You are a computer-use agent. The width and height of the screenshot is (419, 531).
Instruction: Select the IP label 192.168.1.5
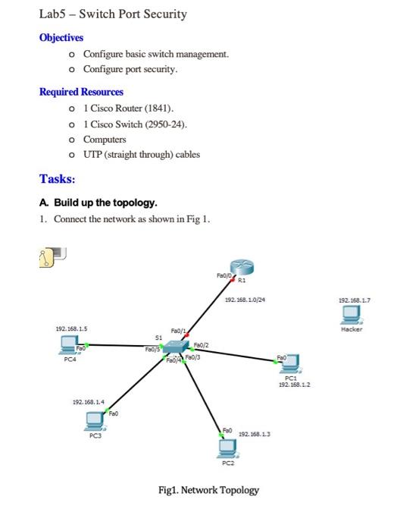pyautogui.click(x=72, y=328)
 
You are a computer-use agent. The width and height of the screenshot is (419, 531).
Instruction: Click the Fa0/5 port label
pyautogui.click(x=155, y=350)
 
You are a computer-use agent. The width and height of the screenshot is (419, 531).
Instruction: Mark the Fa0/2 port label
pyautogui.click(x=202, y=344)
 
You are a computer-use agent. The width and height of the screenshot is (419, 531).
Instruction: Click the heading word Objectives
pyautogui.click(x=61, y=37)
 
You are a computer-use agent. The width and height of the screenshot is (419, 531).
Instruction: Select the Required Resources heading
pyautogui.click(x=81, y=92)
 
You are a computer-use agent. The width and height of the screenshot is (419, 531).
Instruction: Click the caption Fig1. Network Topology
pyautogui.click(x=208, y=490)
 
